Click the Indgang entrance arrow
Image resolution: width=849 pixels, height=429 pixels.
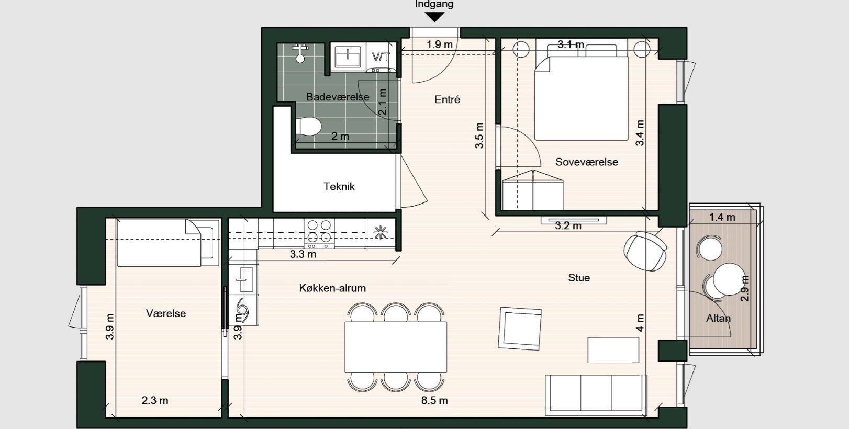point(434,17)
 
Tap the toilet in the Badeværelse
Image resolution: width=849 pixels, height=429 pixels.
point(308,127)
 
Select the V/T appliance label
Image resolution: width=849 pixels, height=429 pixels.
point(380,57)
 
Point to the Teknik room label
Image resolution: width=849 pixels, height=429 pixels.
point(339,186)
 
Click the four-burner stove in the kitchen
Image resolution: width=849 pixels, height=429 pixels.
point(319,233)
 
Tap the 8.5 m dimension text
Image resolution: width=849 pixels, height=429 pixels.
point(435,401)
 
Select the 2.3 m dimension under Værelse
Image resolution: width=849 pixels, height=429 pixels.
point(155,401)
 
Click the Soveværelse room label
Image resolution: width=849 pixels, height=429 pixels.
point(587,162)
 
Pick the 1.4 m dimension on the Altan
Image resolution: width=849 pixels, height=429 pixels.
point(722,217)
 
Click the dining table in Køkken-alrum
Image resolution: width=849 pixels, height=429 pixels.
point(396,346)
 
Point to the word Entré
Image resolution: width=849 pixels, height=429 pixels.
point(447,99)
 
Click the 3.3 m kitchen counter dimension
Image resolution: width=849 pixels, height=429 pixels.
point(303,255)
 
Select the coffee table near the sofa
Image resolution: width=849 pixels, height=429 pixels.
point(613,350)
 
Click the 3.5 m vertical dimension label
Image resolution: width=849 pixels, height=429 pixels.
point(479,136)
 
